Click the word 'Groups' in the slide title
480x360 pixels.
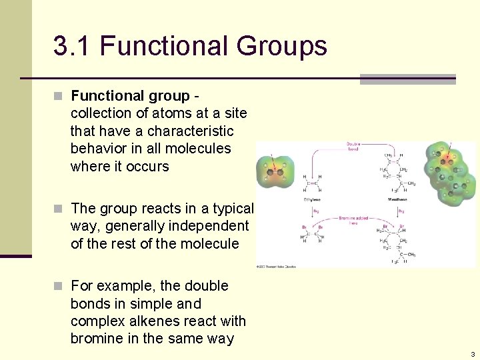[281, 47]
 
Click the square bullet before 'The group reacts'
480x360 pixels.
[59, 209]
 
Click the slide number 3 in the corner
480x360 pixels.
[472, 354]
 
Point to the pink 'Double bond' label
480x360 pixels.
[353, 146]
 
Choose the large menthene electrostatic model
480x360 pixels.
[451, 173]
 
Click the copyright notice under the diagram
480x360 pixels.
[276, 267]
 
